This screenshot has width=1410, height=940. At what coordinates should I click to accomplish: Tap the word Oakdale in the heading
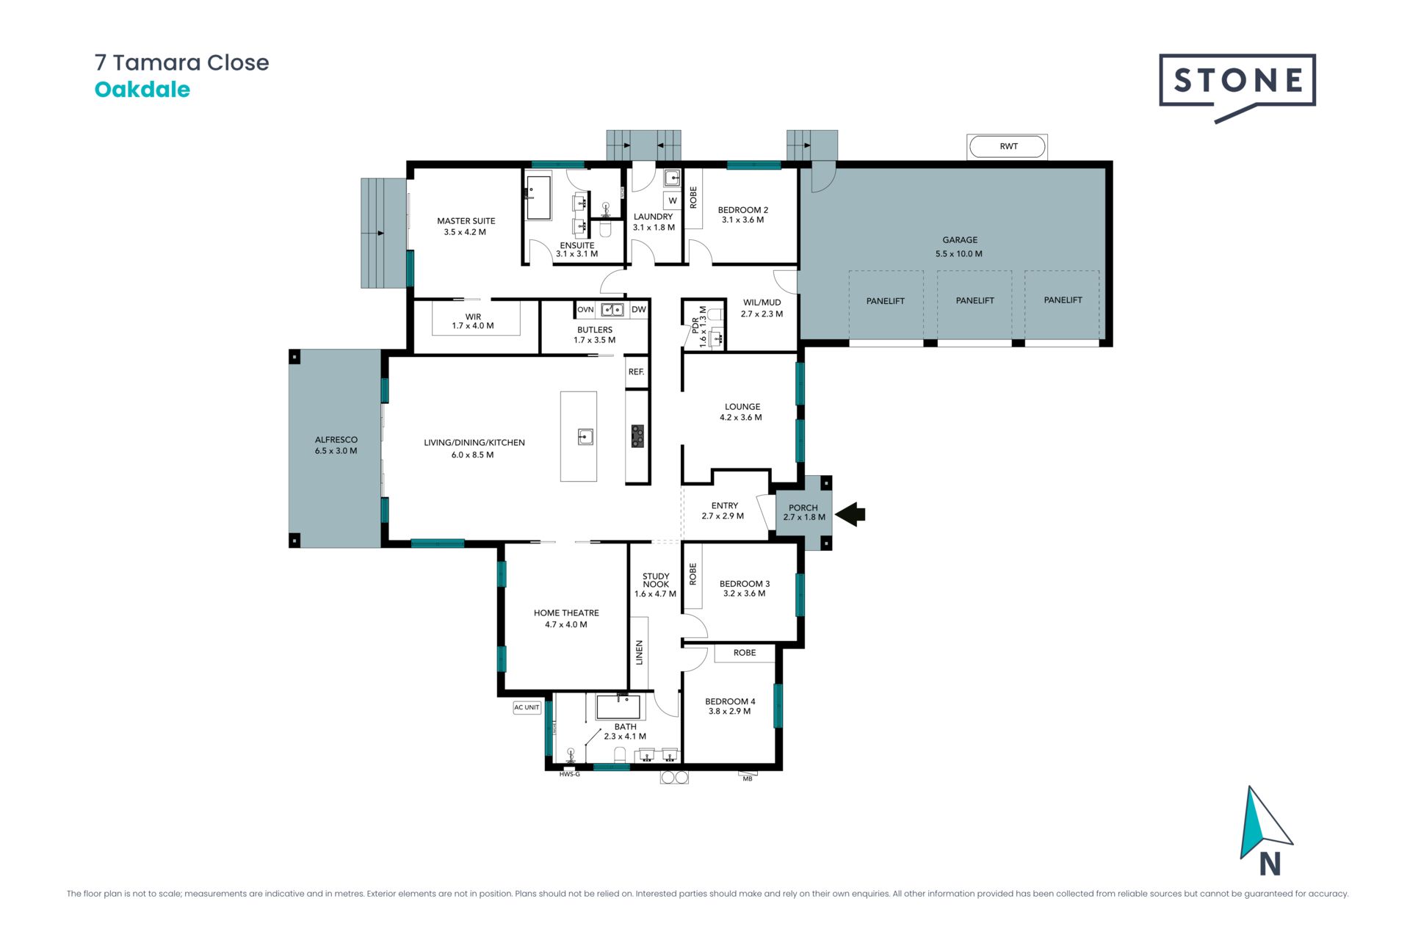tap(142, 90)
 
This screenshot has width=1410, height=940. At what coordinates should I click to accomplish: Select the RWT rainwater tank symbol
tap(1008, 146)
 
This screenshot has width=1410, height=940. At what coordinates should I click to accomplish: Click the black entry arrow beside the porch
tap(850, 514)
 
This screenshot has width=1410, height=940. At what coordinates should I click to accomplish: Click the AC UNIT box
tap(527, 707)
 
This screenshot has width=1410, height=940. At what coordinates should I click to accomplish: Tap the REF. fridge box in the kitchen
tap(637, 372)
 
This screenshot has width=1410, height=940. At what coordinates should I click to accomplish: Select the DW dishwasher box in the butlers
tap(639, 309)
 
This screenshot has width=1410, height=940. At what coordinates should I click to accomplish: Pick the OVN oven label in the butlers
tap(585, 309)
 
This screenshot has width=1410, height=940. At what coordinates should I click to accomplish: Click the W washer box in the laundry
tap(673, 200)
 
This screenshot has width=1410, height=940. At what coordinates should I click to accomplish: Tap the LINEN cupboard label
tap(639, 652)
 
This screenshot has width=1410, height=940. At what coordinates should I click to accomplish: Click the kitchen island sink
tap(585, 437)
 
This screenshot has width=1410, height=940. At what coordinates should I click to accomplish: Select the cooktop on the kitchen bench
tap(637, 436)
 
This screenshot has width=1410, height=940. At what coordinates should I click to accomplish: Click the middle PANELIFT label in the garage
tap(975, 300)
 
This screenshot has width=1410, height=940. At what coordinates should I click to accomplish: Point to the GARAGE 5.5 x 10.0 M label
tap(960, 247)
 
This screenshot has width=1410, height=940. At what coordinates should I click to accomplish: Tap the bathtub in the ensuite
tap(538, 197)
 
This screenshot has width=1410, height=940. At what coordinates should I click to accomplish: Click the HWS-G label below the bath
tap(569, 774)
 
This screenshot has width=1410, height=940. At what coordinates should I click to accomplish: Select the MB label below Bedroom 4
tap(748, 778)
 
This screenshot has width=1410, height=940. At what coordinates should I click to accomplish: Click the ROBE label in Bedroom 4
tap(745, 652)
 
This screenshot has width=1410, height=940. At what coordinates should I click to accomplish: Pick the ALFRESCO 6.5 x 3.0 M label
tap(336, 445)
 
